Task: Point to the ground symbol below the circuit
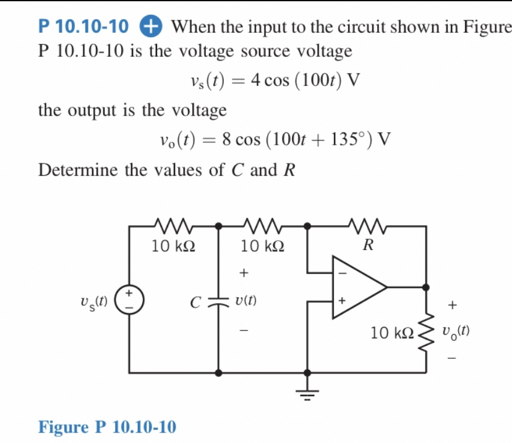click(308, 388)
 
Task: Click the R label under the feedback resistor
click(367, 246)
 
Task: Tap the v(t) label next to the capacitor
click(245, 301)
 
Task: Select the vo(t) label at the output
click(456, 331)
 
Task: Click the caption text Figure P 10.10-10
click(107, 426)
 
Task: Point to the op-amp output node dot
click(425, 287)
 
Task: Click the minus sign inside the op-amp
click(339, 271)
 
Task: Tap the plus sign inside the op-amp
click(339, 302)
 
